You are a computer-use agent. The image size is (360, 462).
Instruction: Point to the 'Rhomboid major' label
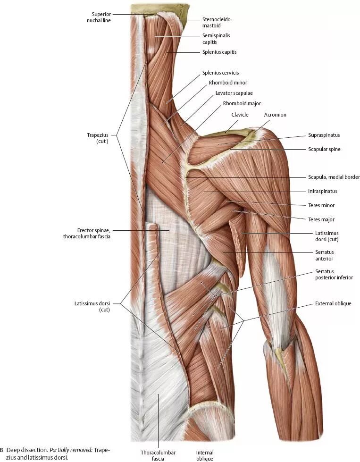click(x=242, y=103)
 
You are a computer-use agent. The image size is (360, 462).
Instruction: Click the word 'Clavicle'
click(x=240, y=115)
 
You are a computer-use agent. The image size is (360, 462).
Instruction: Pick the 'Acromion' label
click(x=275, y=115)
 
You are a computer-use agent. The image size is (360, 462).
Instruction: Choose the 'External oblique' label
click(x=333, y=303)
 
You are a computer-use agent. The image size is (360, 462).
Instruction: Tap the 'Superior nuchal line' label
click(x=99, y=17)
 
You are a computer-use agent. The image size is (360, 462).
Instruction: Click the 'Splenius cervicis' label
click(x=220, y=73)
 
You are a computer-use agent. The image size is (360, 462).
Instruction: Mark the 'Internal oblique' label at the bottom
click(x=205, y=455)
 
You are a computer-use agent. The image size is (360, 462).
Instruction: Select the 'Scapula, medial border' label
click(x=330, y=177)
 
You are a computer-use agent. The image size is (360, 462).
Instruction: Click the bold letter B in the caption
click(x=1, y=450)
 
